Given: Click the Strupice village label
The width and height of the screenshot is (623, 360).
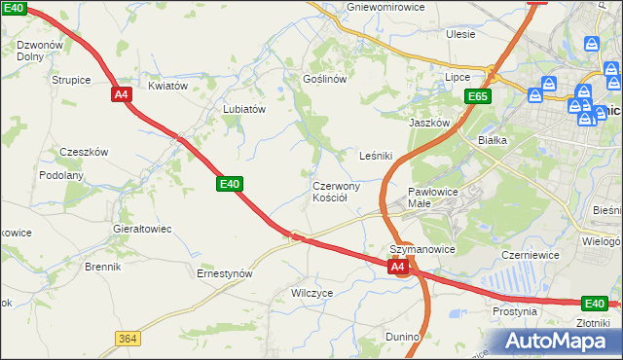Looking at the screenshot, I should (72, 81).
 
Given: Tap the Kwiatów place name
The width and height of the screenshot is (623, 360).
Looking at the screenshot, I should (167, 86).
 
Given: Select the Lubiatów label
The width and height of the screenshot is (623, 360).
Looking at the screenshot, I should (244, 110).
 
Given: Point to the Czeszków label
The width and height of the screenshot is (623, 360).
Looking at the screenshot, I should (84, 152).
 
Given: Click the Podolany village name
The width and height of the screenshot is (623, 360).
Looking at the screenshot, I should (61, 175).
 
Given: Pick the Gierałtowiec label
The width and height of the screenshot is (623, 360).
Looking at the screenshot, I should (142, 229).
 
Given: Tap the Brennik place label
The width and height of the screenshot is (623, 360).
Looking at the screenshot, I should (102, 266).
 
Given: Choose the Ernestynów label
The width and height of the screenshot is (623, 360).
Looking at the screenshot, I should (225, 273).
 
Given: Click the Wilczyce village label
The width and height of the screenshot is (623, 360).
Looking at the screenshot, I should (312, 292).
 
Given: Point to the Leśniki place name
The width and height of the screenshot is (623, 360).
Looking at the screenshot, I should (376, 155).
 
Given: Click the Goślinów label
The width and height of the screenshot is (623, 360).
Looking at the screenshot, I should (325, 79).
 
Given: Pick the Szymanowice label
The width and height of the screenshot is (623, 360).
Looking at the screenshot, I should (422, 249).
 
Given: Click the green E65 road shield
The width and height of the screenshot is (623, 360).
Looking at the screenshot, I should (477, 96).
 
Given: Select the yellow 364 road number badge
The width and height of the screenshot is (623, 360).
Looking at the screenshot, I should (127, 338).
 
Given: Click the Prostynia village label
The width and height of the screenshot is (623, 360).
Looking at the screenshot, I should (515, 311).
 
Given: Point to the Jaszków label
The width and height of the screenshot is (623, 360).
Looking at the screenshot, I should (429, 123).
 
